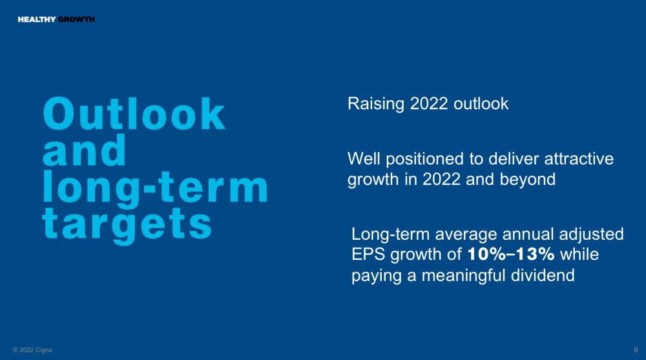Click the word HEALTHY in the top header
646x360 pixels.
[x=37, y=19]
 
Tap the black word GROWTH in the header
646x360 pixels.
[x=77, y=19]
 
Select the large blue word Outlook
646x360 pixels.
[x=134, y=113]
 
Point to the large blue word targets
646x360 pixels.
[x=127, y=224]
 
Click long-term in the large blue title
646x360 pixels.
[x=155, y=187]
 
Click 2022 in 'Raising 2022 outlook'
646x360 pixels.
[x=429, y=103]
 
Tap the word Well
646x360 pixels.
[x=364, y=159]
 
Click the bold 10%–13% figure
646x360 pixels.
[x=511, y=254]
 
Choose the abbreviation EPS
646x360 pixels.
[x=368, y=255]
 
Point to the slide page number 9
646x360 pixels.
[x=636, y=350]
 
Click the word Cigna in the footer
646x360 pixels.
[x=44, y=350]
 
